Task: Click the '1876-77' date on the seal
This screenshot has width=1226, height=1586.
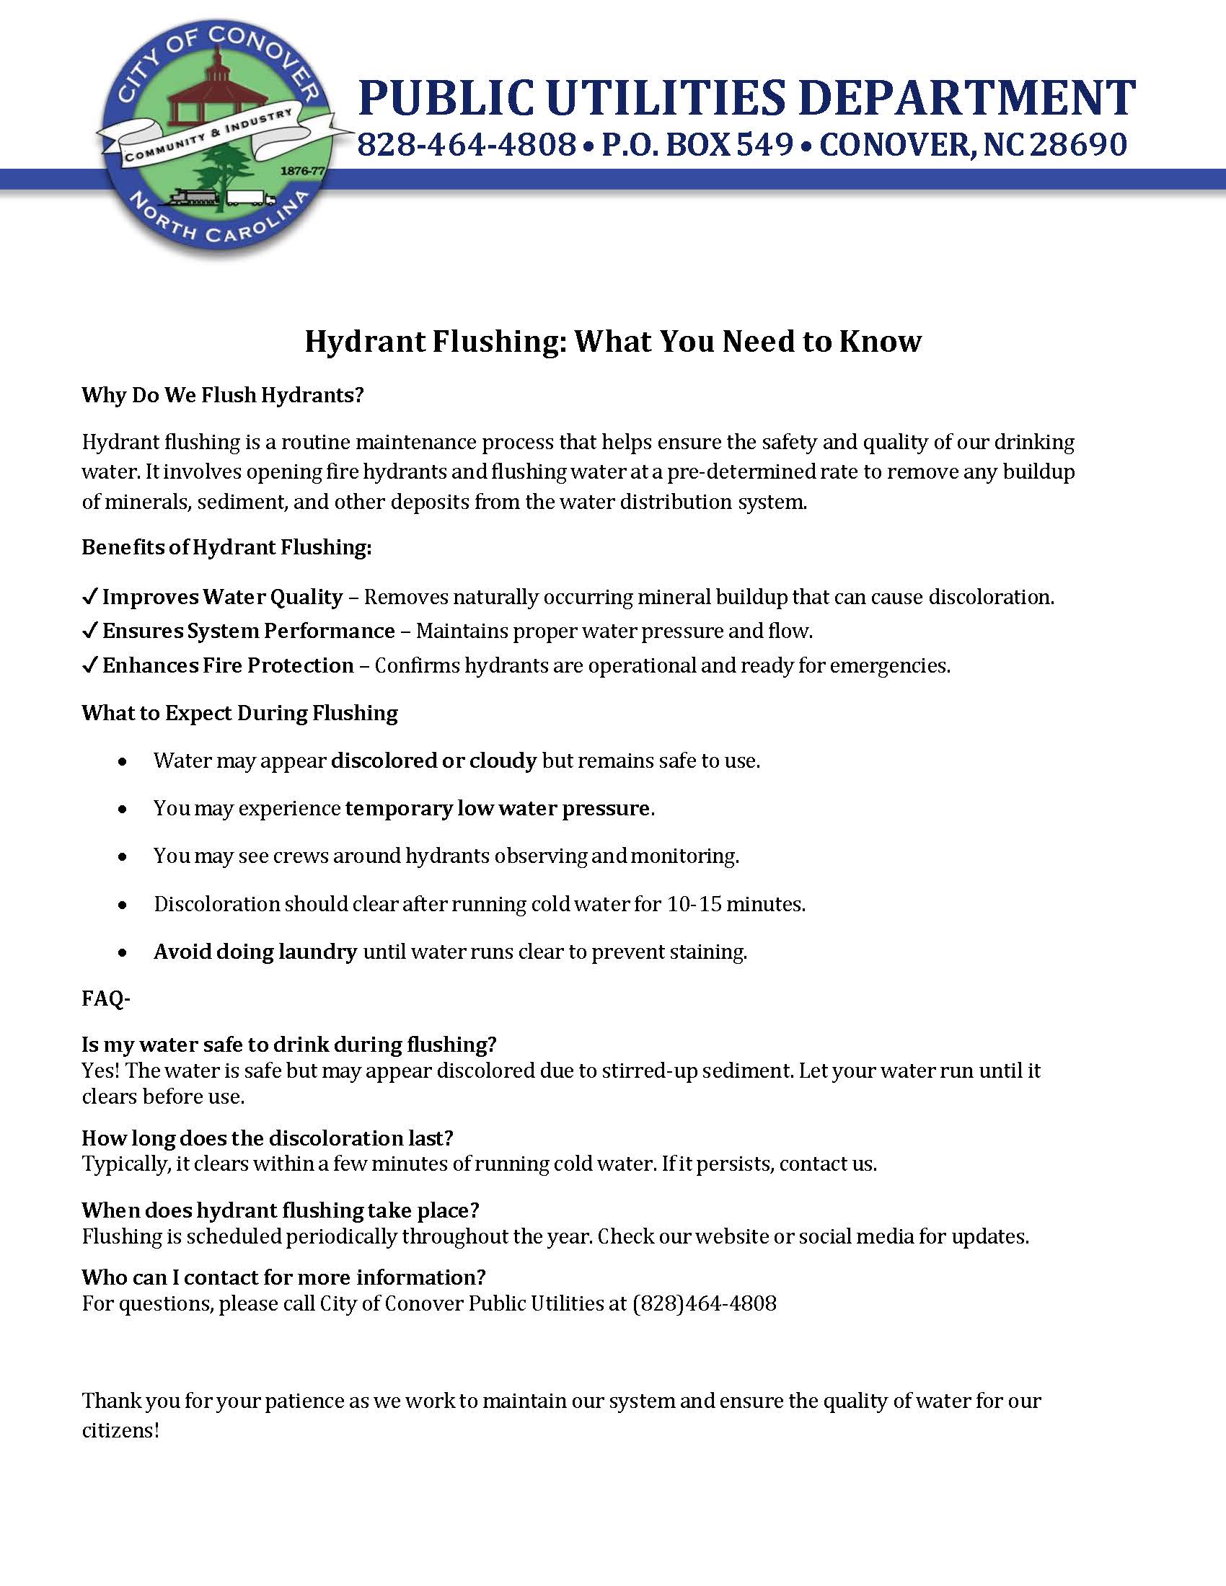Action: tap(301, 172)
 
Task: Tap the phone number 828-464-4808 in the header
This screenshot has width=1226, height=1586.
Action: tap(467, 144)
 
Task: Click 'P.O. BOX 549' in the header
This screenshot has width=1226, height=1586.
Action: tap(697, 144)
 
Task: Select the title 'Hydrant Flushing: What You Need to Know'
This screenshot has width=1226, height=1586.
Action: tap(612, 340)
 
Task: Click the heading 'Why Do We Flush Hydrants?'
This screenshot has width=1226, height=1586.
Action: tap(222, 395)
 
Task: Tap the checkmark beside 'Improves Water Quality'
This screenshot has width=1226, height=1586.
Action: tap(89, 597)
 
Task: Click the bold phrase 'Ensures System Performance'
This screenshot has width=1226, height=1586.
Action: tap(248, 630)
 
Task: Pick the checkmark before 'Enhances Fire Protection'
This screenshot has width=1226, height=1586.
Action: tap(89, 665)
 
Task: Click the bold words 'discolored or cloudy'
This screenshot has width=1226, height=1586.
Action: tap(433, 761)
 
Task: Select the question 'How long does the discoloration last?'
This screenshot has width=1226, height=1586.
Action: tap(268, 1137)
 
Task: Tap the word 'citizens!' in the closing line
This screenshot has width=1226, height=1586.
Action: tap(120, 1430)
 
